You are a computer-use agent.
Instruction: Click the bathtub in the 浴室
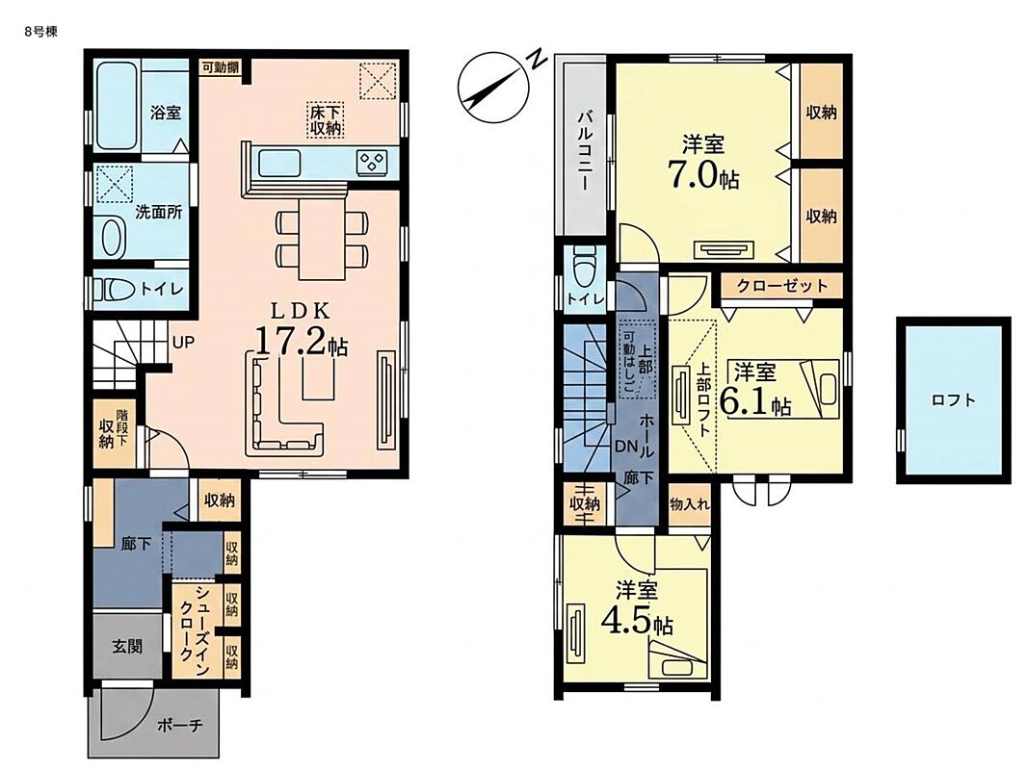coord(118,106)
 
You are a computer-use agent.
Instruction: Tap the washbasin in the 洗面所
coord(113,237)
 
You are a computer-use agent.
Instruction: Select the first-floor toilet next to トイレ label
coord(113,289)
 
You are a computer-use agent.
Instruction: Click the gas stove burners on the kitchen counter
coord(372,162)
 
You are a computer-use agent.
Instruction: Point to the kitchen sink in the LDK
coord(279,163)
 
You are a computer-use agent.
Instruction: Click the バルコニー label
coord(584,151)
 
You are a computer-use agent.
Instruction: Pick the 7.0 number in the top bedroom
coord(693,173)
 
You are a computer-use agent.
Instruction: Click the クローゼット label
coord(781,286)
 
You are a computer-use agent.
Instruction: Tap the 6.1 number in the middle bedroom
coord(745,400)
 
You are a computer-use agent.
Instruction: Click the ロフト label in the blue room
coord(953,399)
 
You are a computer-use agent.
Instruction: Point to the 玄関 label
coord(126,646)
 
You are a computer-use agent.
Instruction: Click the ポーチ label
coord(180,726)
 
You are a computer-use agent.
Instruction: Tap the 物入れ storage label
coord(690,504)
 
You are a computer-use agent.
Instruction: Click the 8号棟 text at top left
coord(41,32)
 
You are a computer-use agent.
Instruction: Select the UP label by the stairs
coord(183,342)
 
